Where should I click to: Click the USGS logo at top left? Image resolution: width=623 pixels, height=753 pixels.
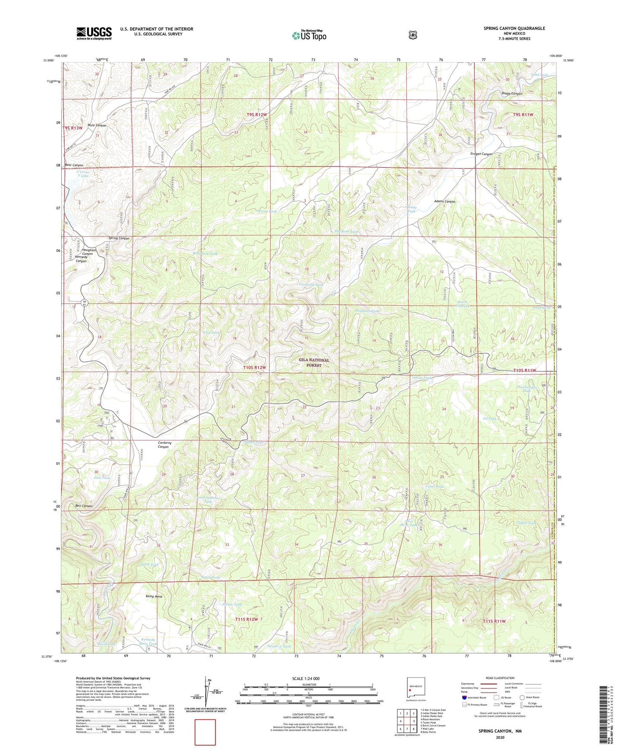point(94,33)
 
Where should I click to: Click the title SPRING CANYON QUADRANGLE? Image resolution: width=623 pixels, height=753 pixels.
point(514,28)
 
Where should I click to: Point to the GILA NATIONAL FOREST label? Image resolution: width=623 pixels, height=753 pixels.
point(314,362)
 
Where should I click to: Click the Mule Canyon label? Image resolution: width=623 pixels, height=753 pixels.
point(97,125)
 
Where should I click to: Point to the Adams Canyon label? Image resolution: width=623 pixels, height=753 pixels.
point(444,201)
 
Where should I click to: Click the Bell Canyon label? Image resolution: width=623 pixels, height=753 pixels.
point(84,506)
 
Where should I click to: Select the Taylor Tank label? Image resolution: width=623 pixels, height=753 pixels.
point(526,523)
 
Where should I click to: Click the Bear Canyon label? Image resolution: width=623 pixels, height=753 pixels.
point(74,165)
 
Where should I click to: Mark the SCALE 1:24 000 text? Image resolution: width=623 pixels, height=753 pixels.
point(306,678)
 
